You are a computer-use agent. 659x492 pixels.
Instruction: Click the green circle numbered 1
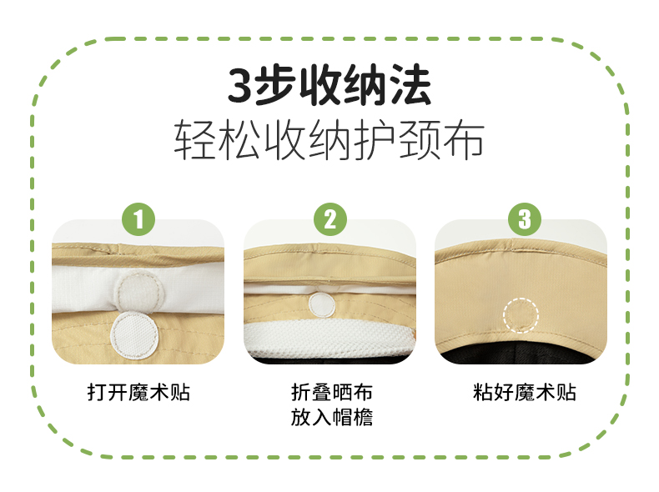click(x=138, y=219)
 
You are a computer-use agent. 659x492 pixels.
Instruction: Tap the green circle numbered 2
click(x=330, y=219)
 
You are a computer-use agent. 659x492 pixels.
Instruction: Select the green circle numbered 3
click(x=525, y=219)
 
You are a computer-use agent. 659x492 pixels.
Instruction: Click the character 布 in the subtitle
click(x=463, y=139)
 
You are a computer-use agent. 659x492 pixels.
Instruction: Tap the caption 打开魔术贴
click(x=138, y=393)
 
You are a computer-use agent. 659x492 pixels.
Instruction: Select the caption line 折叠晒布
click(x=332, y=393)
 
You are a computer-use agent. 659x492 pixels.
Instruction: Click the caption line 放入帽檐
click(x=332, y=417)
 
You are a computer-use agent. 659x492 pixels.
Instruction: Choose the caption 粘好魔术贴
click(x=524, y=393)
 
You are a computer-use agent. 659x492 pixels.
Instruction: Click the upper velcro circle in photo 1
click(x=139, y=290)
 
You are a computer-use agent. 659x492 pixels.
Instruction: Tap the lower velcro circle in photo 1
click(x=134, y=336)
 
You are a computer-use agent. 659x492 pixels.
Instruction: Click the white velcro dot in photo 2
click(x=322, y=304)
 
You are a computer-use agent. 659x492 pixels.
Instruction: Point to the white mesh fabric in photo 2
click(x=328, y=339)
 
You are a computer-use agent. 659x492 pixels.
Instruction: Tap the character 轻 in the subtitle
click(x=194, y=139)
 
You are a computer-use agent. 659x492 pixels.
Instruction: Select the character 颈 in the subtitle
click(x=419, y=139)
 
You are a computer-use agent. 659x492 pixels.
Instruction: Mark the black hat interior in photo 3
click(x=521, y=354)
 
